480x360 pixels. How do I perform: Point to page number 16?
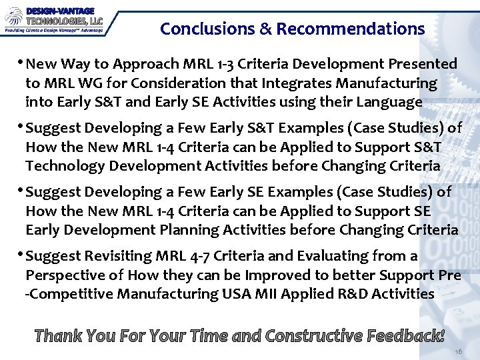458,351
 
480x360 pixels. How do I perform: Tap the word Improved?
278,275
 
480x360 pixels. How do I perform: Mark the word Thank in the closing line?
58,335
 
